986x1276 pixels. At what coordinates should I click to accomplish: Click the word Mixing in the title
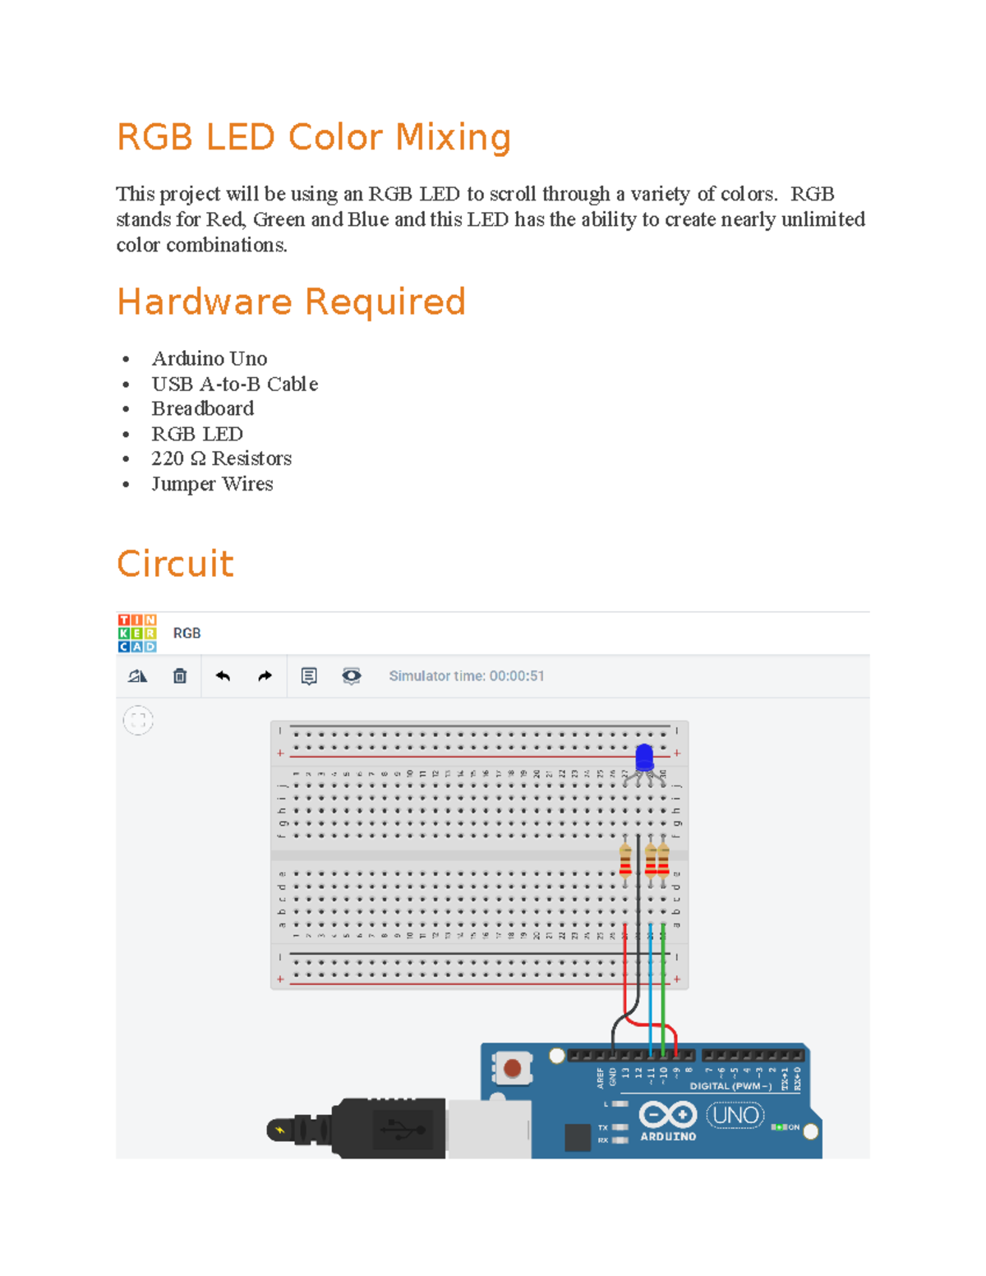(x=453, y=137)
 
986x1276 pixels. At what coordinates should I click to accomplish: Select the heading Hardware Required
(x=291, y=302)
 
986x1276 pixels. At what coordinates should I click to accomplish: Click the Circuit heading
(x=175, y=564)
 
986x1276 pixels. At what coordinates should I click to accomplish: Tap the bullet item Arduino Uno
(x=209, y=358)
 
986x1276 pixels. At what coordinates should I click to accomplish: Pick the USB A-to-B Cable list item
(x=234, y=384)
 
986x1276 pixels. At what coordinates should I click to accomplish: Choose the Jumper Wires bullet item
(x=212, y=484)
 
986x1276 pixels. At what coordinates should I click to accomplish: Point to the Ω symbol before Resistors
(x=197, y=458)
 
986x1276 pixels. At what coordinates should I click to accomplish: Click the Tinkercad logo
(x=136, y=633)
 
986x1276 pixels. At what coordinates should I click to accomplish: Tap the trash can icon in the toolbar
(x=180, y=676)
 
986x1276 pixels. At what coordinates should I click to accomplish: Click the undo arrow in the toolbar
(x=223, y=676)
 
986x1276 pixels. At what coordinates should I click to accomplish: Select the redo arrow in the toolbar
(x=265, y=676)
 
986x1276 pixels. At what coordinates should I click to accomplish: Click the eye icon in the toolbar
(x=351, y=676)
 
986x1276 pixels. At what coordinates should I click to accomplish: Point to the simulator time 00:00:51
(x=516, y=676)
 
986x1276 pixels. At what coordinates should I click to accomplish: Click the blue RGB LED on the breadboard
(x=644, y=757)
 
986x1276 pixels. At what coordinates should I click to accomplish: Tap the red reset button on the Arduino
(x=512, y=1068)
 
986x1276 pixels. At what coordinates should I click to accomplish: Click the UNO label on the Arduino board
(x=735, y=1115)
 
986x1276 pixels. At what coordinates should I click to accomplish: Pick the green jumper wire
(x=663, y=994)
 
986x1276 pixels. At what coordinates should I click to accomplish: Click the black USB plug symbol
(x=403, y=1130)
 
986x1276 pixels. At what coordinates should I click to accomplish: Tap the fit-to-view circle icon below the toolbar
(x=138, y=721)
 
